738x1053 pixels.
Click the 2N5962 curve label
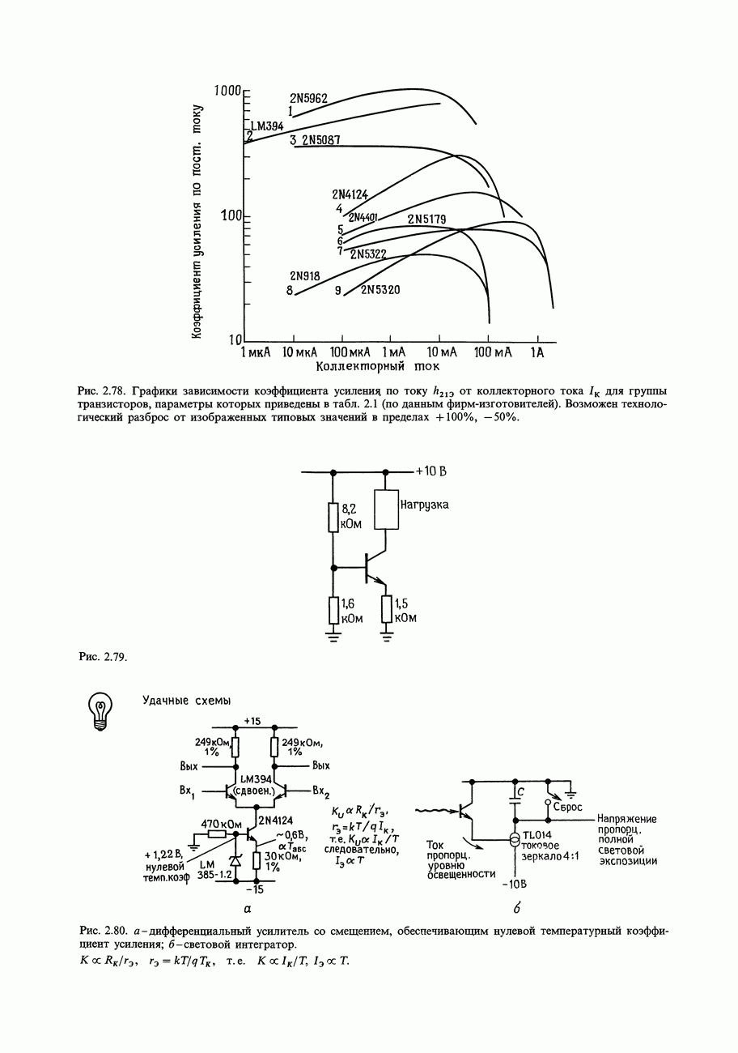point(308,99)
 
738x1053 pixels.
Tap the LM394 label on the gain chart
point(267,126)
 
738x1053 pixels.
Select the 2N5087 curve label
point(321,140)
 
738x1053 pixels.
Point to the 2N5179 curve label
point(426,219)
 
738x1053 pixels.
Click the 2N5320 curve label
point(380,290)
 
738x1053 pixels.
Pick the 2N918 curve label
point(304,275)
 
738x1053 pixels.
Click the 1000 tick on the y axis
point(222,90)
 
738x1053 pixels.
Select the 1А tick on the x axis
point(537,352)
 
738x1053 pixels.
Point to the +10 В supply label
point(431,471)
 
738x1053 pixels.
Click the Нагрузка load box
point(387,509)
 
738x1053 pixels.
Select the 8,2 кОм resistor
point(333,517)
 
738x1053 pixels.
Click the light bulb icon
point(100,710)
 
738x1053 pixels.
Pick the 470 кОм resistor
point(216,834)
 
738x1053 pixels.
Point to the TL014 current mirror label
point(537,835)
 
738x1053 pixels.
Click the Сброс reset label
point(568,807)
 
